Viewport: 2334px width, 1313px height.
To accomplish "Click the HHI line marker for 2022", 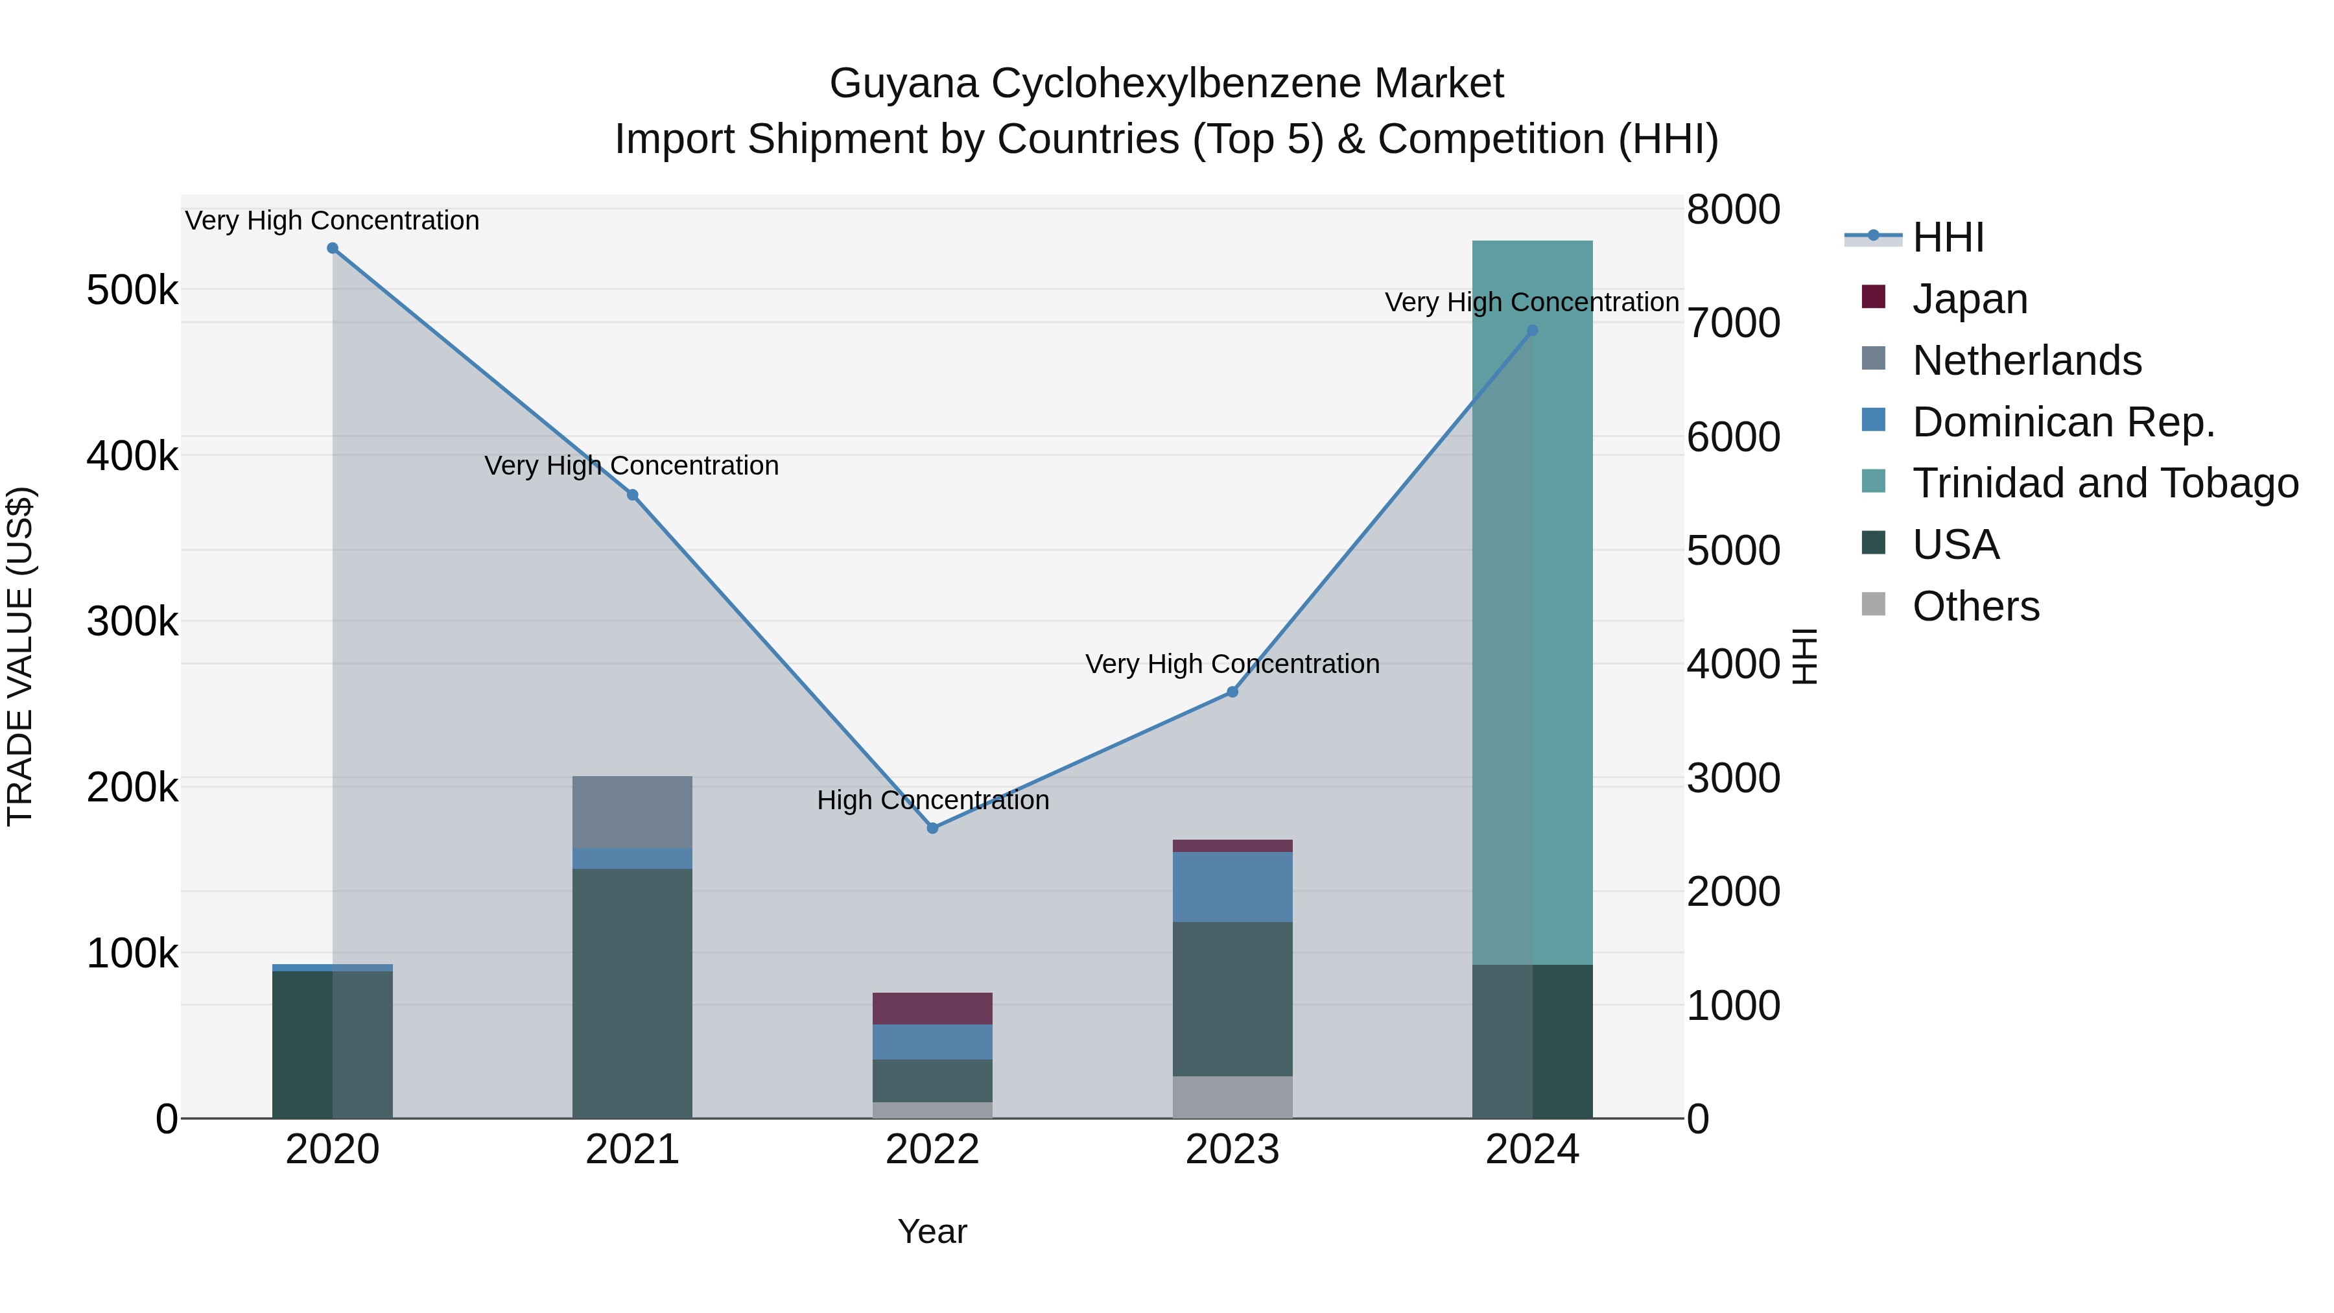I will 932,827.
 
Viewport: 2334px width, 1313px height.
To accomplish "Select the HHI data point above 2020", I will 333,248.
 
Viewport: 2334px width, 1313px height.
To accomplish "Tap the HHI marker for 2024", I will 1532,331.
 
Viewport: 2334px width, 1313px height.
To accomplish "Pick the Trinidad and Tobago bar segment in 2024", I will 1532,602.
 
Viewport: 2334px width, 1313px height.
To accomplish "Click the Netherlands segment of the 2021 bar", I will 632,811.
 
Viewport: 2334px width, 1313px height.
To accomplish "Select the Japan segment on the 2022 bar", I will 932,1008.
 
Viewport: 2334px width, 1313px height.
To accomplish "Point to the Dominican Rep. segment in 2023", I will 1232,886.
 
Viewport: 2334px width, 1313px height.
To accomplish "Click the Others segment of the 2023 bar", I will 1232,1096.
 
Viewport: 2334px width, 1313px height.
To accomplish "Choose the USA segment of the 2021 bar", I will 632,992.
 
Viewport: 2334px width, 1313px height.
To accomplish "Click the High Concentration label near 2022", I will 932,800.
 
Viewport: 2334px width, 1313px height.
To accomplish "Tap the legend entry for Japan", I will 1969,299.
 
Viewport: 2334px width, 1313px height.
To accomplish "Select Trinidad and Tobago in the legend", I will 2104,483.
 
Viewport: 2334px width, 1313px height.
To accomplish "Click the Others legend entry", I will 1975,606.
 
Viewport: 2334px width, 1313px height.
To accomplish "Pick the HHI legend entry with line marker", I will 1947,237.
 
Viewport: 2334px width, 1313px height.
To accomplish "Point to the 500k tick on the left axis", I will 132,291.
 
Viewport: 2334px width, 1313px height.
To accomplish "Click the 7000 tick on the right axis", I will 1732,324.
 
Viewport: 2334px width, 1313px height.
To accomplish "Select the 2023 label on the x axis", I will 1232,1150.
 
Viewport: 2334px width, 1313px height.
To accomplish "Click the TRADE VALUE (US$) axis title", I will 20,656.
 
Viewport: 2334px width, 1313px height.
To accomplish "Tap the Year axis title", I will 932,1231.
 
